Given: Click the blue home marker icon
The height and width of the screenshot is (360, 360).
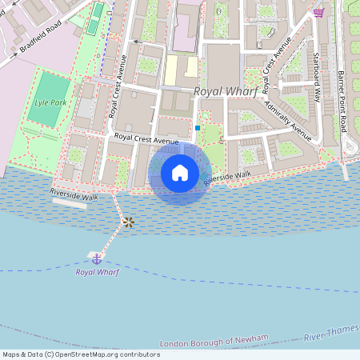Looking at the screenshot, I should pos(180,173).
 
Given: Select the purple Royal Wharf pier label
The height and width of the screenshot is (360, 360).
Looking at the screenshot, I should pos(97,272).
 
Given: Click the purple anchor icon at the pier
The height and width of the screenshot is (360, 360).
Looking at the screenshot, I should pos(97,258).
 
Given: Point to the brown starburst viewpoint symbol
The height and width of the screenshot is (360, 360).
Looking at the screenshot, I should pos(127,222).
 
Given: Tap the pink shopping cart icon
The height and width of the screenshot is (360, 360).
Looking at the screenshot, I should pos(318,12).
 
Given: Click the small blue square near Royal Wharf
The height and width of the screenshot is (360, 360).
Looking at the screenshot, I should pos(198,127).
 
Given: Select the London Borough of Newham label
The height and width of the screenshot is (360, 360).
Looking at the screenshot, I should pos(211,342).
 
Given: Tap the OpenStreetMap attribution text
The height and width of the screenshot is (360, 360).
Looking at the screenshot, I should pos(81,354).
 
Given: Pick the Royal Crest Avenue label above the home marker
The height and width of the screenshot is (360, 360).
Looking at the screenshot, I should pos(146,138).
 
